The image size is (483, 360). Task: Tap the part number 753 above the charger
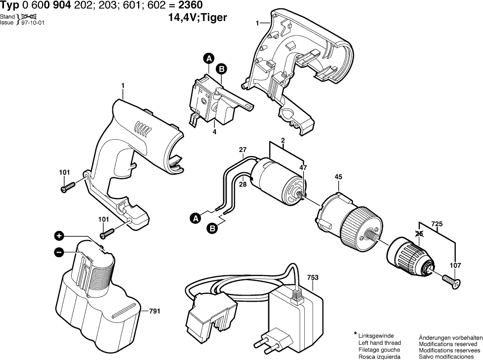pyautogui.click(x=313, y=278)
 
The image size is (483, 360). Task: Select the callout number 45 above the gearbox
pyautogui.click(x=338, y=176)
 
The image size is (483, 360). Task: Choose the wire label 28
pyautogui.click(x=242, y=184)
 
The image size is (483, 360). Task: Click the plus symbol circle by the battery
pyautogui.click(x=59, y=236)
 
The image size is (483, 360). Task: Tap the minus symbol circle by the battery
pyautogui.click(x=59, y=252)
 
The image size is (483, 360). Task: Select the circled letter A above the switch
pyautogui.click(x=208, y=59)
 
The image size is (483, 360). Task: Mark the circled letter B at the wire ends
pyautogui.click(x=212, y=228)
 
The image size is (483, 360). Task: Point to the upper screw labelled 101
pyautogui.click(x=68, y=187)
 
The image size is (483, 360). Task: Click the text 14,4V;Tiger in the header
pyautogui.click(x=198, y=18)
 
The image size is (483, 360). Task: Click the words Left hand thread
pyautogui.click(x=379, y=343)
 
